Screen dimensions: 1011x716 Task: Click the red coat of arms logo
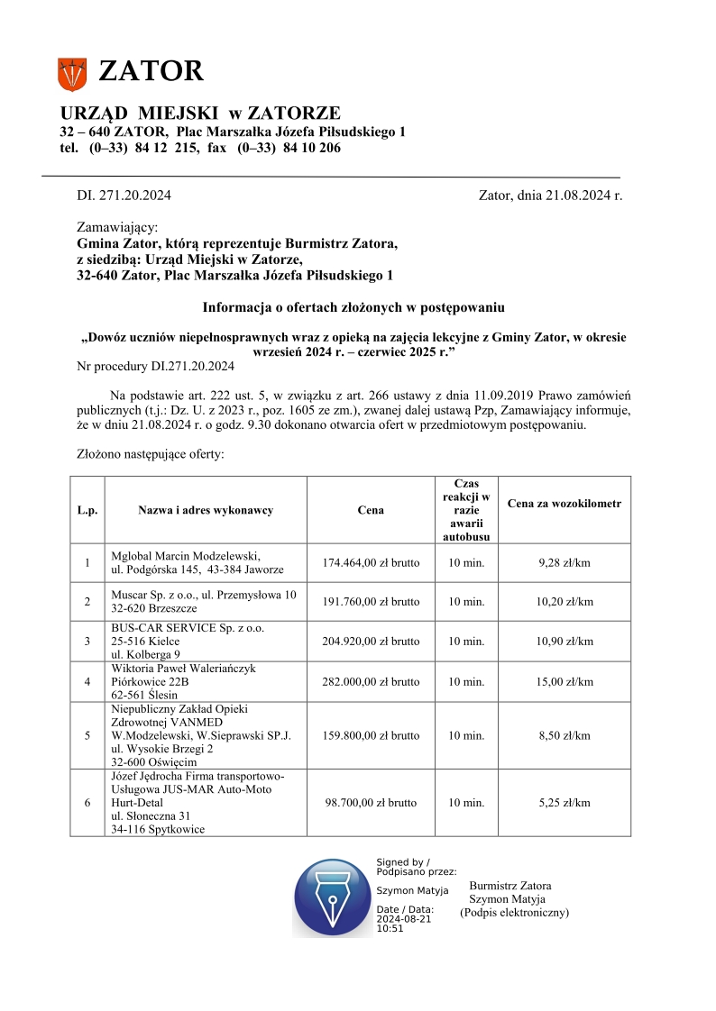point(72,74)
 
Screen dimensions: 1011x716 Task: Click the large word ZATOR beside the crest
point(151,71)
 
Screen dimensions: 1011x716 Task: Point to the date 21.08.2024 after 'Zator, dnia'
point(577,194)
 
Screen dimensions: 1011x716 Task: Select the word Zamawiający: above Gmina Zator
point(117,228)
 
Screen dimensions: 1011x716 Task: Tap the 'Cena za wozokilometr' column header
point(565,503)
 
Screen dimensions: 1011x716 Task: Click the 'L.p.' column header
point(87,510)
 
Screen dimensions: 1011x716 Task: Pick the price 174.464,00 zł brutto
point(371,563)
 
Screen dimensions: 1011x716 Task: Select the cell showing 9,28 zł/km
point(565,563)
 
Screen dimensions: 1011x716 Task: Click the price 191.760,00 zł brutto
point(371,602)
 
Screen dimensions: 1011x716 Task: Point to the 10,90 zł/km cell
point(565,642)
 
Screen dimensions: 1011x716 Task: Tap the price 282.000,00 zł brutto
point(371,682)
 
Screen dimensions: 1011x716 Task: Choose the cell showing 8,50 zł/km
point(565,735)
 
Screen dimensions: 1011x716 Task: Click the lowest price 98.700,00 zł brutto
point(371,802)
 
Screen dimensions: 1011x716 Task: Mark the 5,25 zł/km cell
point(565,802)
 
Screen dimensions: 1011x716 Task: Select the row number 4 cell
point(87,682)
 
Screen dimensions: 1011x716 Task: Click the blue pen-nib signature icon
point(333,897)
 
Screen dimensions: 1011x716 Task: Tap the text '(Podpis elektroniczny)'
point(514,913)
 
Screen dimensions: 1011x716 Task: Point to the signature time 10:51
point(390,928)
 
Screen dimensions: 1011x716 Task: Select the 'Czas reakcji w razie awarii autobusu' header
point(466,510)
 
